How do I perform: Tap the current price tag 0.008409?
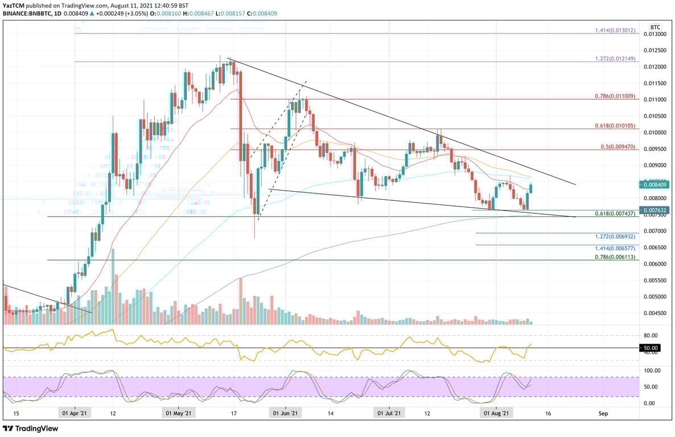pyautogui.click(x=656, y=184)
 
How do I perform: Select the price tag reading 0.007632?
pyautogui.click(x=656, y=210)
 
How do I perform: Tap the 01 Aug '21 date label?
pyautogui.click(x=494, y=414)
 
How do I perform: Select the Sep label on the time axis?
pyautogui.click(x=603, y=414)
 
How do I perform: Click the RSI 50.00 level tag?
pyautogui.click(x=651, y=348)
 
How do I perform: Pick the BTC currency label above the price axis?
pyautogui.click(x=655, y=27)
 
